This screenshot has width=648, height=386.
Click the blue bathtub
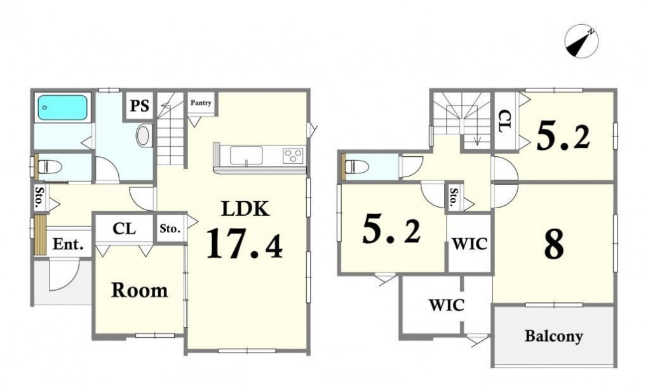63,108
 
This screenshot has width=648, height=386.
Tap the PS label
140,105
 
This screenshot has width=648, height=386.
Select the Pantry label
201,102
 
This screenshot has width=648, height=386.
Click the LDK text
245,208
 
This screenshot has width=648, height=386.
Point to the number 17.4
245,244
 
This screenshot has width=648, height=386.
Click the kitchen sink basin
246,156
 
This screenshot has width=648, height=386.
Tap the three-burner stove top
293,156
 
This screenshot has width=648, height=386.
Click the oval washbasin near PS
142,135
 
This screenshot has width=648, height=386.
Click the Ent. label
68,244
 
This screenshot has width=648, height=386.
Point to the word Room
140,290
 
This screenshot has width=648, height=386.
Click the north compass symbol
581,41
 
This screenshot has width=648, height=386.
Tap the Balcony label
554,336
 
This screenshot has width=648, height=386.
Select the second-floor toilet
357,167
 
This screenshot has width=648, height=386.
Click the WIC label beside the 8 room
470,244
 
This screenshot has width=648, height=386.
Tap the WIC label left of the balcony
447,305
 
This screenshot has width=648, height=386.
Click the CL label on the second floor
504,121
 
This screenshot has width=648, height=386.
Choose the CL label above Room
124,229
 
